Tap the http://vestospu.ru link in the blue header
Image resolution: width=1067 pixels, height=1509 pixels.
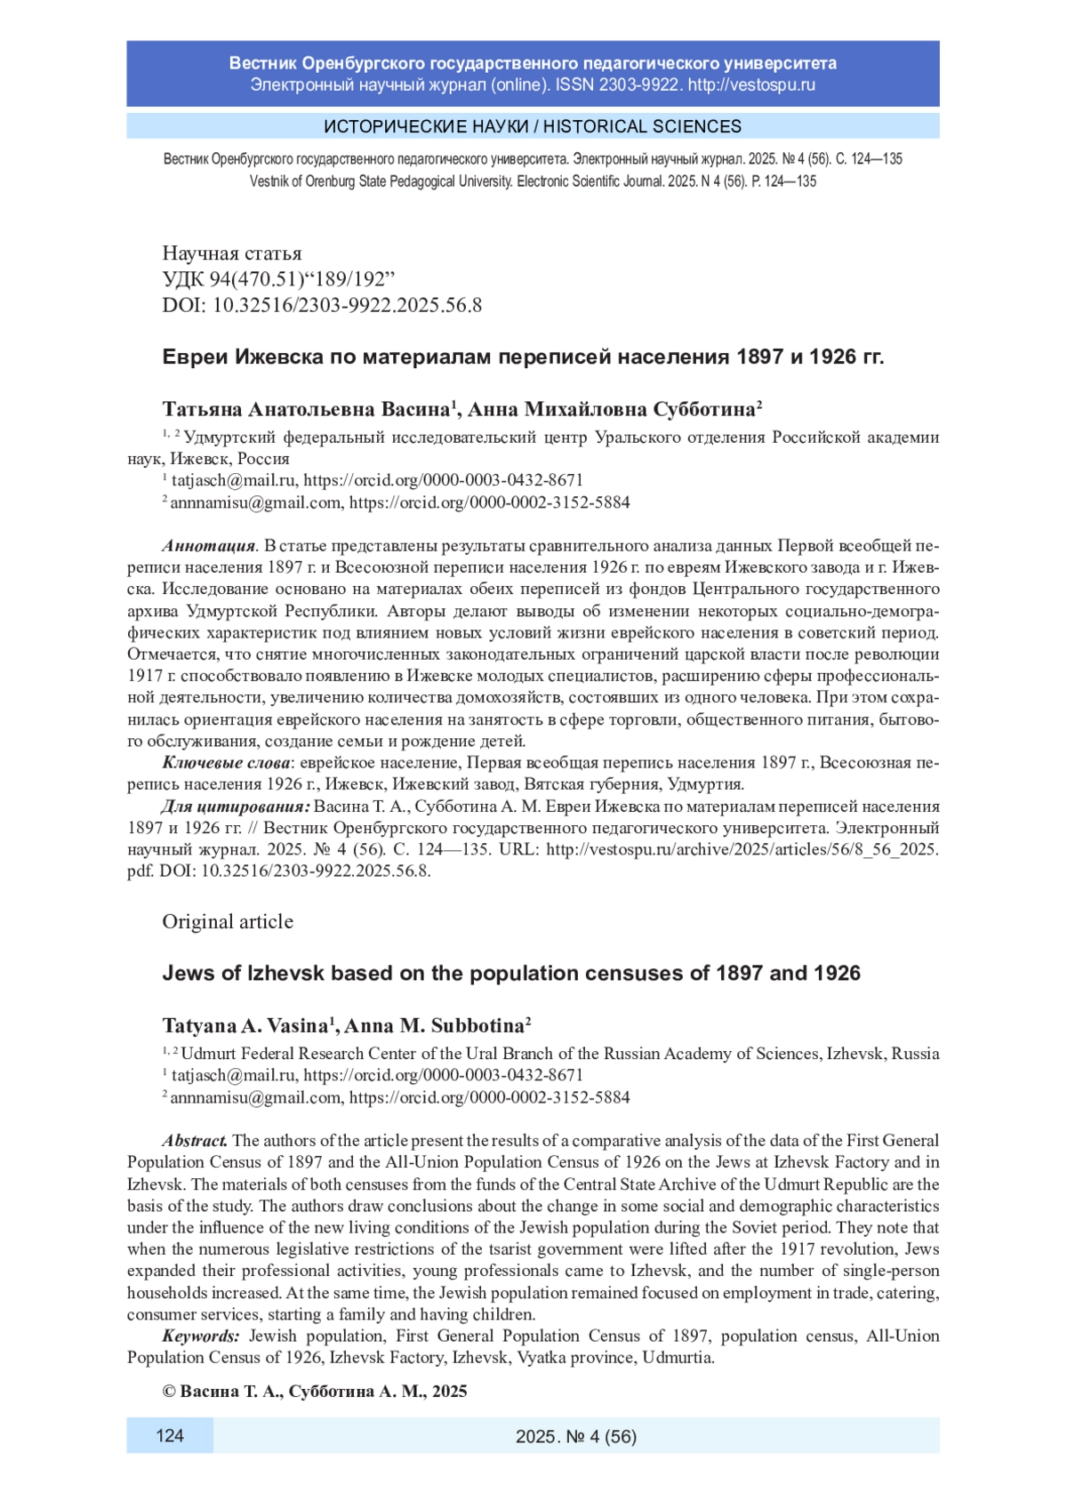tap(751, 85)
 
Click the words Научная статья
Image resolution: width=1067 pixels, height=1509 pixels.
tap(232, 253)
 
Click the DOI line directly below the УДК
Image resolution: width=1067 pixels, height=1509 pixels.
tap(322, 305)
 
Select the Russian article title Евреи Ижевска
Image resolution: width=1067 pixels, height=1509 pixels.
tap(523, 357)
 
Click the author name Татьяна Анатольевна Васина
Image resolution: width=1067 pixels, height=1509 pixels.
tap(307, 409)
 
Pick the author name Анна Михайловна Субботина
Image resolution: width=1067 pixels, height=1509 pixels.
tap(612, 409)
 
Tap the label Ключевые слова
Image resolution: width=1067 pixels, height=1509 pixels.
tap(227, 763)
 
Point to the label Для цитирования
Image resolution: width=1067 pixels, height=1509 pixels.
tap(236, 807)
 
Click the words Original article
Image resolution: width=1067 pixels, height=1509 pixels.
tap(228, 921)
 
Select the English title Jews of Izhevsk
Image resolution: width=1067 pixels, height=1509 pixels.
tap(511, 973)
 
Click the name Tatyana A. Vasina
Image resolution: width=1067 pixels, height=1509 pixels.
tap(245, 1025)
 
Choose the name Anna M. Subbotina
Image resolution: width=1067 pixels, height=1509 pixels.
tap(435, 1025)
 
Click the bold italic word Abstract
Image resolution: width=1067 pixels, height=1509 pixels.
tap(195, 1140)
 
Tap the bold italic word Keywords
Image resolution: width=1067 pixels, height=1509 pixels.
tap(201, 1336)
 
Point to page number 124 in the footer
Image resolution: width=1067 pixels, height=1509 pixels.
tap(170, 1435)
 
